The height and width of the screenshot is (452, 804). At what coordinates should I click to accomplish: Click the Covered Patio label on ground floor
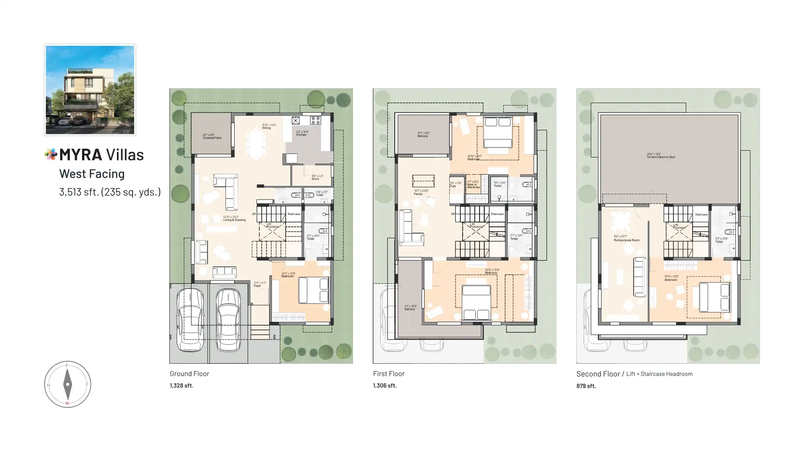(212, 137)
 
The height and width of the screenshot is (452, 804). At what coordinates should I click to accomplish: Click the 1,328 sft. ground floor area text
(181, 386)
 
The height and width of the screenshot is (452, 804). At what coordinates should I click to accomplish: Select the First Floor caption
(388, 374)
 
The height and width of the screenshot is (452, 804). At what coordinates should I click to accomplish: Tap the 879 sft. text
(586, 386)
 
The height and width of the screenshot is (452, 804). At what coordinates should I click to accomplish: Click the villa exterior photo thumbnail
(90, 90)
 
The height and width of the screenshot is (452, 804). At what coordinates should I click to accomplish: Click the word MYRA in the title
(80, 155)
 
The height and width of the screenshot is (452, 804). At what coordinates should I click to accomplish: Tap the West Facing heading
(92, 174)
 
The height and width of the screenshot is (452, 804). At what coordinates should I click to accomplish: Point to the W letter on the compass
(67, 403)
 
